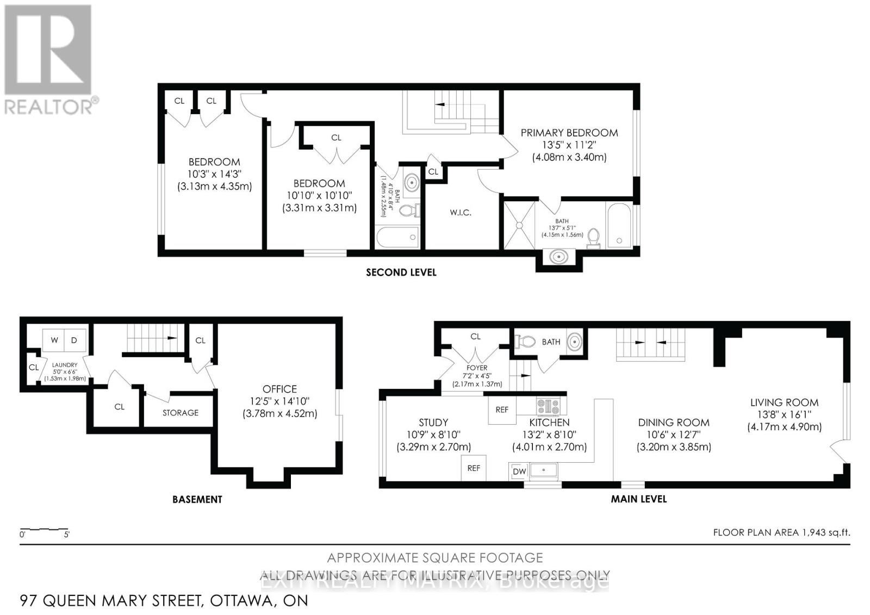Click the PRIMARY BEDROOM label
coord(569,133)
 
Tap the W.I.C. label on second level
coord(460,213)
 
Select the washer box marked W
coord(54,340)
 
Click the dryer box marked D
coord(74,340)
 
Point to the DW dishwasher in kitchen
coord(519,471)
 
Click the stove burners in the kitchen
coord(548,406)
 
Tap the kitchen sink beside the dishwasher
coord(543,470)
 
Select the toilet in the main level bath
coord(525,341)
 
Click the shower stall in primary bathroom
coord(519,225)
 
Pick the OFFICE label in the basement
coord(279,389)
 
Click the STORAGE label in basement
coord(180,413)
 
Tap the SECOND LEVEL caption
coord(401,272)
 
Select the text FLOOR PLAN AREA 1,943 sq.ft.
coord(781,532)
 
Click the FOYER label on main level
coord(477,368)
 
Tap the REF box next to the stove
coord(501,409)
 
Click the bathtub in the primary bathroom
coord(619,225)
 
